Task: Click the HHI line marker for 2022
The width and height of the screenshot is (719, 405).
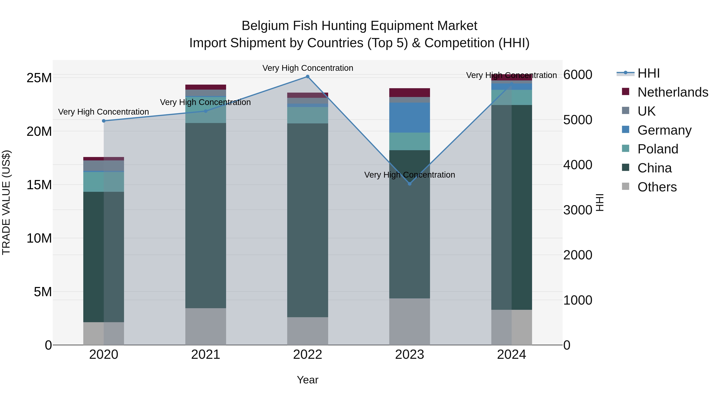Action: click(308, 77)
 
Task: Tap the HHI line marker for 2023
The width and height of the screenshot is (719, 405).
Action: click(409, 184)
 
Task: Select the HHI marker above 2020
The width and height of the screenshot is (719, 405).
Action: click(103, 121)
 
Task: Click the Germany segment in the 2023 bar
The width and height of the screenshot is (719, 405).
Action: click(409, 118)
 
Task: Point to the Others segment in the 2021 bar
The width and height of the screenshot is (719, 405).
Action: click(206, 326)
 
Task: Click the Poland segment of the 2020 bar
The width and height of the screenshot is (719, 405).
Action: click(103, 182)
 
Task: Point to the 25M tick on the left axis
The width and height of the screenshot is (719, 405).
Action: click(39, 78)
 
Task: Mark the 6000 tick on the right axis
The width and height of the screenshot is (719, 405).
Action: click(577, 75)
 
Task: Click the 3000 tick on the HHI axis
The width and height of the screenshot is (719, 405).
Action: click(577, 210)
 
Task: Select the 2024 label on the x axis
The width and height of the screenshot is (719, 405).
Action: click(511, 355)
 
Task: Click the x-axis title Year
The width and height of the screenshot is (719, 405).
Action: click(308, 380)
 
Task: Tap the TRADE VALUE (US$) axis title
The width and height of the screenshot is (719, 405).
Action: click(6, 202)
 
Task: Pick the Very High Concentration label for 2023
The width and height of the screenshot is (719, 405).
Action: click(409, 175)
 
